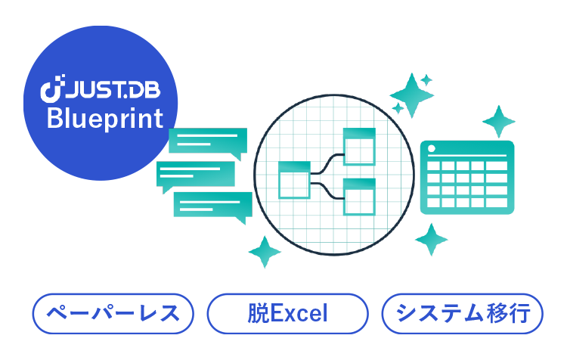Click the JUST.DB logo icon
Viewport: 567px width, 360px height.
[x=51, y=90]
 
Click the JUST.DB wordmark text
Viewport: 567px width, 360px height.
[x=112, y=90]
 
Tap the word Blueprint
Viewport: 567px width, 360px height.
[x=105, y=119]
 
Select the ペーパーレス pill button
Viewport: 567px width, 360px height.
[x=113, y=313]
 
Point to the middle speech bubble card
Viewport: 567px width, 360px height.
[x=197, y=175]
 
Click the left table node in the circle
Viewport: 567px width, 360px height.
[x=294, y=180]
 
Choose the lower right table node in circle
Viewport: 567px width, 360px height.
[x=359, y=196]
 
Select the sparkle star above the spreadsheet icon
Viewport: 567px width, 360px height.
[x=497, y=120]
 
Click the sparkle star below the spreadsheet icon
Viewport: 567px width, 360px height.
[x=429, y=240]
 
